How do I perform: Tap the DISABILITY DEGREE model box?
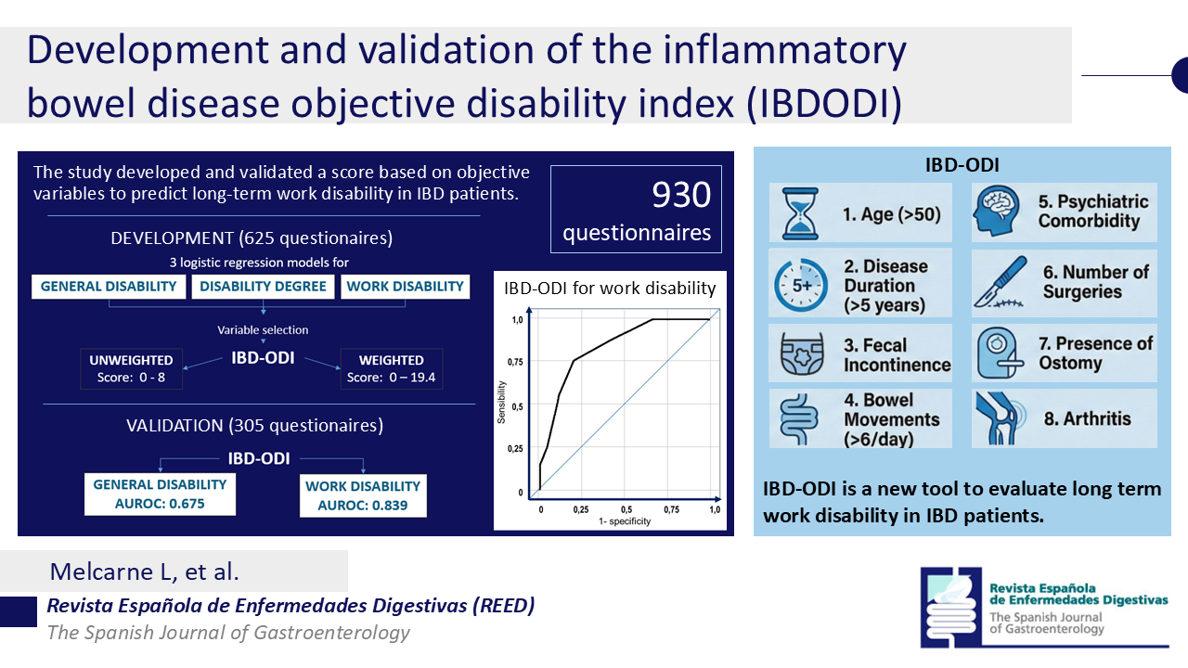pos(264,287)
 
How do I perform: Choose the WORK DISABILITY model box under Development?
pos(405,287)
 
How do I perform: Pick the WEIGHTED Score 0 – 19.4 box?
pos(391,368)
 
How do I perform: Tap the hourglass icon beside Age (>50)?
pos(798,213)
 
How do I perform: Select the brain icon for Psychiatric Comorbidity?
pos(1000,212)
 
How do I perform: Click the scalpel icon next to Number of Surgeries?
pos(1001,284)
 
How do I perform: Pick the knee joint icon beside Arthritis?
pos(1001,417)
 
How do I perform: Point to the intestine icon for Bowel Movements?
pos(798,419)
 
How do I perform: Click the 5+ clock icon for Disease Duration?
pos(798,286)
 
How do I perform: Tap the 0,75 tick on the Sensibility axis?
pos(517,363)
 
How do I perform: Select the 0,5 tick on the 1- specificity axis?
pos(627,510)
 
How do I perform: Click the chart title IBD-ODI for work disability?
pos(610,288)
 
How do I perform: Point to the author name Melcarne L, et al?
pos(145,571)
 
